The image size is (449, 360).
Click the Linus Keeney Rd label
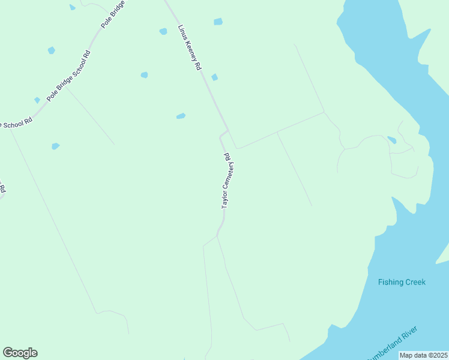(x=189, y=48)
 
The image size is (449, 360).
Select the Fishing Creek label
(x=402, y=282)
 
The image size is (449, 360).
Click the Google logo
(x=20, y=353)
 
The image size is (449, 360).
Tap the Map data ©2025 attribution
(x=424, y=355)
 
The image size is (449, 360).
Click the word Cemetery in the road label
(x=227, y=177)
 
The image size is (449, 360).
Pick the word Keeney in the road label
(x=191, y=52)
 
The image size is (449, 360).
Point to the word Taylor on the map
(x=224, y=201)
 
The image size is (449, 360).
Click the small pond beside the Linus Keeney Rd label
(x=214, y=77)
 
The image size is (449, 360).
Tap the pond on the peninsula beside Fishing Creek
(x=392, y=140)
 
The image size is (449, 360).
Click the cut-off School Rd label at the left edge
(x=16, y=123)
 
